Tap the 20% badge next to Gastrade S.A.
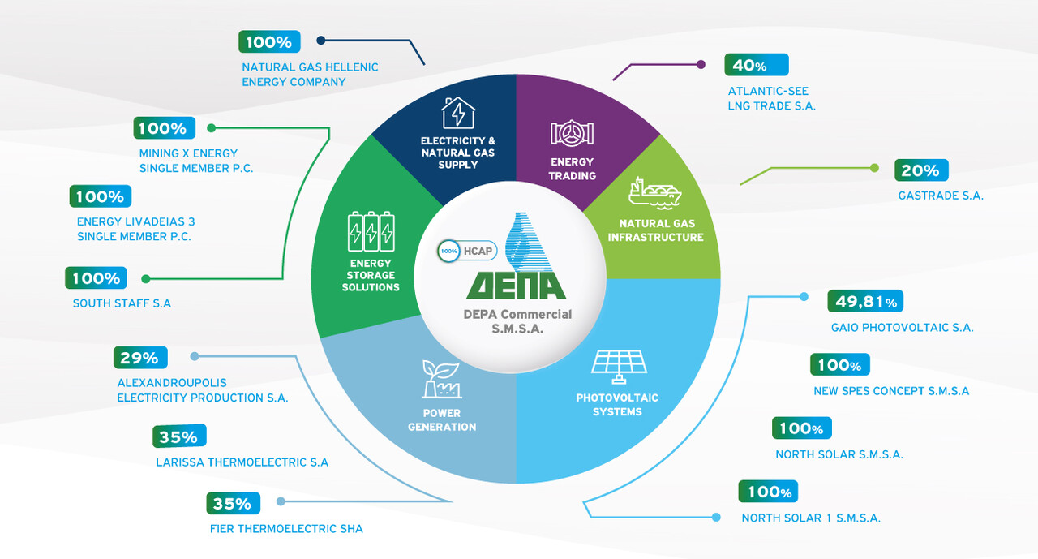click(x=920, y=170)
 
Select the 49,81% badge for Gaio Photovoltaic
click(x=864, y=302)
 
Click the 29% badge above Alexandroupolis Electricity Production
click(x=139, y=358)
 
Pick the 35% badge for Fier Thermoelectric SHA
click(x=233, y=503)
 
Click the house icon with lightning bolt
click(x=458, y=114)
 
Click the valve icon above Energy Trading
click(x=572, y=134)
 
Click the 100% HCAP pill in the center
click(x=467, y=252)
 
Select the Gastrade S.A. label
click(x=941, y=196)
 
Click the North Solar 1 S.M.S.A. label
click(x=811, y=518)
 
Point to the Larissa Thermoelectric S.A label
click(x=242, y=462)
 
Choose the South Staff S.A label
click(x=122, y=304)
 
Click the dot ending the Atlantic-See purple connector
click(x=701, y=64)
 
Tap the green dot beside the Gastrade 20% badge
click(x=874, y=168)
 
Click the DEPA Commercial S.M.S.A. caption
click(x=518, y=321)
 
